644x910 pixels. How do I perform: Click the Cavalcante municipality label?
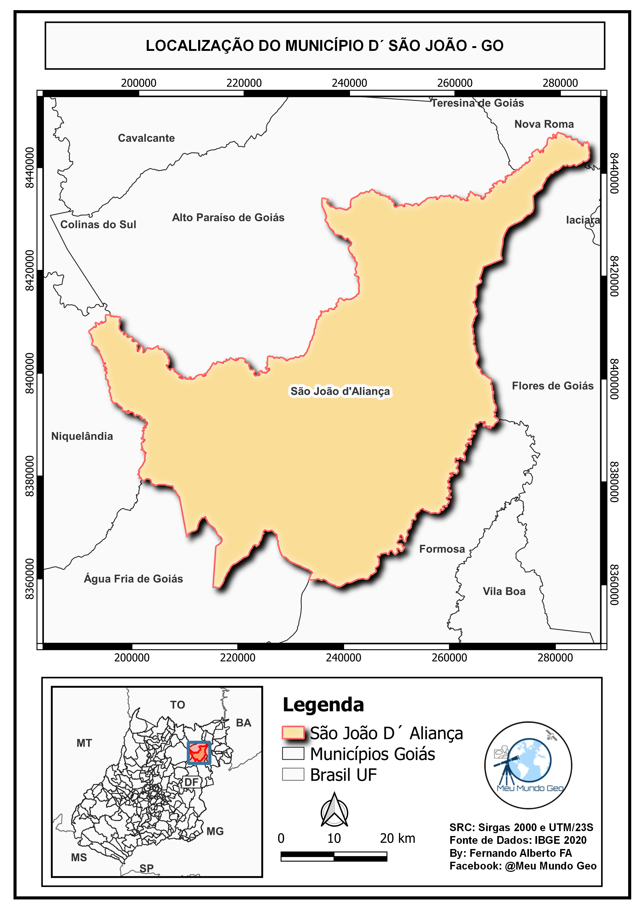point(146,138)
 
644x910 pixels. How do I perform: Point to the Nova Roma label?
point(544,124)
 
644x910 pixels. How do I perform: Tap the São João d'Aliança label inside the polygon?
point(340,391)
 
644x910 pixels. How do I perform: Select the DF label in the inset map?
point(192,782)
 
